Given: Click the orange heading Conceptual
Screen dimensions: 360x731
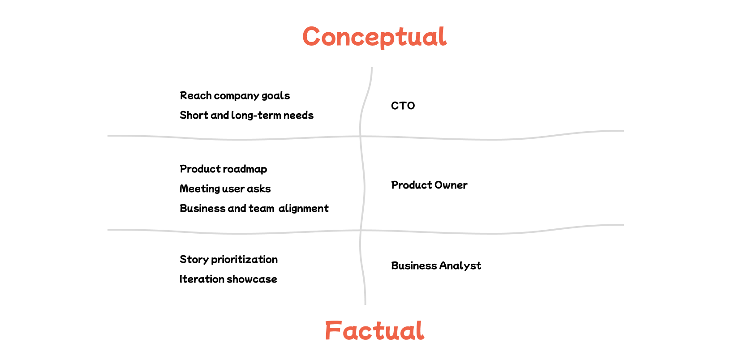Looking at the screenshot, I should pyautogui.click(x=374, y=37).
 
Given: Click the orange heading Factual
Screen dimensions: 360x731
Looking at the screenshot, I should pyautogui.click(x=374, y=331).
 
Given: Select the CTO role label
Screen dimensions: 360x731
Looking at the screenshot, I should pyautogui.click(x=403, y=106).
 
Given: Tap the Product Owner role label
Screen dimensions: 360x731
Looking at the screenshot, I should pyautogui.click(x=429, y=185).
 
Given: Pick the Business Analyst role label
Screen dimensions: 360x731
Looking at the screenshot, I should pyautogui.click(x=436, y=266).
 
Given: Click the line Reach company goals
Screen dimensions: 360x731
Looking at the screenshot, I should pyautogui.click(x=235, y=96).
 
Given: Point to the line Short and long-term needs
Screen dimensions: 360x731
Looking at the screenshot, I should pyautogui.click(x=246, y=116).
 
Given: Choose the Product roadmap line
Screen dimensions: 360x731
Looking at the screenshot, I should pyautogui.click(x=223, y=169).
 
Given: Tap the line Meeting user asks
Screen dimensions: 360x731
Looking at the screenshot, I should pyautogui.click(x=225, y=189).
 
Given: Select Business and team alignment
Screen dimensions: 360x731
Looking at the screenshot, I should pyautogui.click(x=254, y=209).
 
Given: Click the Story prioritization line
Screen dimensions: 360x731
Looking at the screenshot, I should pyautogui.click(x=228, y=260).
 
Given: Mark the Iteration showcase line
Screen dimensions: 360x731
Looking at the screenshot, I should pyautogui.click(x=228, y=279).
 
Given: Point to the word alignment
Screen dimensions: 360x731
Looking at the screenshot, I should pyautogui.click(x=304, y=209).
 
